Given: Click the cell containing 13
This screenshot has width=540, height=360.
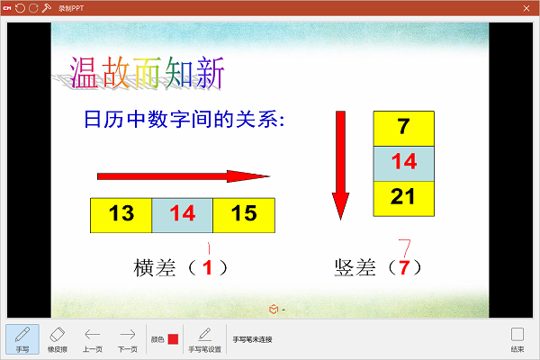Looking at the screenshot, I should [x=121, y=214].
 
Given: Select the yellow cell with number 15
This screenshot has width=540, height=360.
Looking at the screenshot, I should [x=244, y=214].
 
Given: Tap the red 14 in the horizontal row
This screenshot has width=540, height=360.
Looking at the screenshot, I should [x=182, y=214].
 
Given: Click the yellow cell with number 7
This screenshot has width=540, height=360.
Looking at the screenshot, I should [x=403, y=128].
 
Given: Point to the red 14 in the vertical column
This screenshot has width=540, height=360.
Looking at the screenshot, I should [x=403, y=163].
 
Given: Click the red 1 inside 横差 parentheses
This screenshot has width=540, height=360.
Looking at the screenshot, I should [x=209, y=267].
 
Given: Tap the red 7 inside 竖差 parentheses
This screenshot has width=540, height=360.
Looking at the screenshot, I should [x=404, y=267].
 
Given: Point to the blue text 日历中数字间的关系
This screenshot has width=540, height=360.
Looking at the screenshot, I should [x=183, y=120].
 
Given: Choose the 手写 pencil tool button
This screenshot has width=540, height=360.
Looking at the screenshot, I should [x=22, y=338].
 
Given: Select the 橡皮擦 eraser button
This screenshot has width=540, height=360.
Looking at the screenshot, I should [x=58, y=338].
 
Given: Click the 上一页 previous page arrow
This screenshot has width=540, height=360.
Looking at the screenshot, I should [x=93, y=338].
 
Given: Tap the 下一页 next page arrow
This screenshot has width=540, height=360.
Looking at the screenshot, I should [x=128, y=338].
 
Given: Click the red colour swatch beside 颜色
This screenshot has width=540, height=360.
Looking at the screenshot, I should [x=173, y=339].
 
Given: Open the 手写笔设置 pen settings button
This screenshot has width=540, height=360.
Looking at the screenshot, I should [x=204, y=338].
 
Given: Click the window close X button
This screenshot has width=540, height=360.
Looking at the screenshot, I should [x=526, y=7].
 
